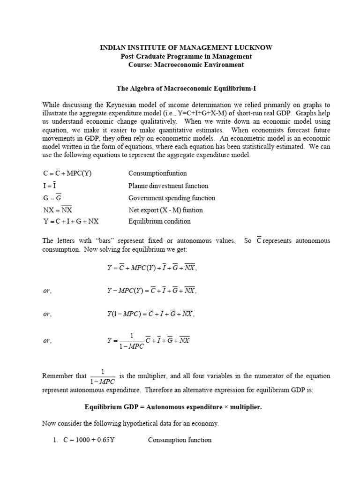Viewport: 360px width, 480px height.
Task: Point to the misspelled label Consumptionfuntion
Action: point(157,173)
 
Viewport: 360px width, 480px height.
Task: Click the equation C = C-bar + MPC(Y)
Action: point(67,173)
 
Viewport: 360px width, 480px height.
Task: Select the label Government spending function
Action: point(172,198)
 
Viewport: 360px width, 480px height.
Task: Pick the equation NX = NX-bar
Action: point(57,210)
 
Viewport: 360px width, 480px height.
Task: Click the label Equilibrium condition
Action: point(159,221)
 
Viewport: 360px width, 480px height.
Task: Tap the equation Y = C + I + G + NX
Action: point(71,221)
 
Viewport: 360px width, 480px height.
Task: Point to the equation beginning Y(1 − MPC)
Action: point(150,315)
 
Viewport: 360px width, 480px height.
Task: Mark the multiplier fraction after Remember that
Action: point(102,376)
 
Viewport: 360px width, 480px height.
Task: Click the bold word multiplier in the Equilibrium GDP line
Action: point(245,407)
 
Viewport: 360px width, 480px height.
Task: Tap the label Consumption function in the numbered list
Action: point(180,440)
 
